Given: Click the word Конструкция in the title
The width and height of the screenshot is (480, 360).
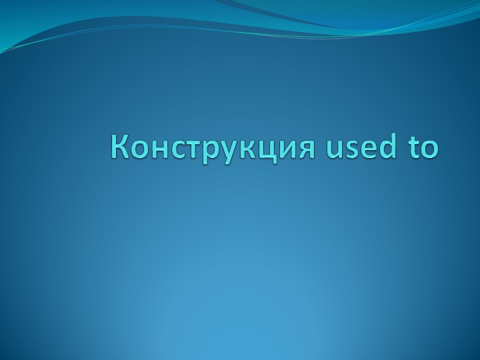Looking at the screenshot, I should click(x=213, y=147).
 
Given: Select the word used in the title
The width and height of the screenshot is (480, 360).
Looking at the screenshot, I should click(x=358, y=147).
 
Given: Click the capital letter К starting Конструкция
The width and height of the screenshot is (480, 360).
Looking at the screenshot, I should click(x=121, y=147).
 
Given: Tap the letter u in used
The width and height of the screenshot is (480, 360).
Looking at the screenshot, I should click(x=335, y=149).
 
